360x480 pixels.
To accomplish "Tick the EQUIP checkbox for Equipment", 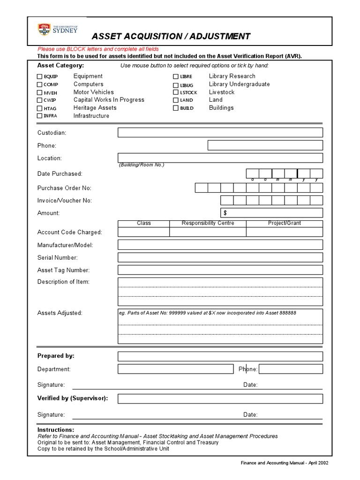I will [40, 76].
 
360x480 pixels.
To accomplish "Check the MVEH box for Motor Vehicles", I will [40, 92].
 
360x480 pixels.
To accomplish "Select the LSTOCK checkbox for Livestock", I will [176, 92].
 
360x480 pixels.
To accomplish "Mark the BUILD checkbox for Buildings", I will [176, 108].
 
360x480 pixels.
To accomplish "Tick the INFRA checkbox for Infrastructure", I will [40, 116].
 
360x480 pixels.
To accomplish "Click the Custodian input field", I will [220, 133].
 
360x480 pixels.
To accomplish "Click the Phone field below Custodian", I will [265, 145].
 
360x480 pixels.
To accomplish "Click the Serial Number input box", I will [220, 257].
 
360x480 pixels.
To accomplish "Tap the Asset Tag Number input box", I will [220, 270].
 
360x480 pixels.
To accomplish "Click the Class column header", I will [143, 223].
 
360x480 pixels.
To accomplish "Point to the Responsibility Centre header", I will [208, 223].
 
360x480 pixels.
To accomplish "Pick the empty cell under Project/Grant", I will [284, 232].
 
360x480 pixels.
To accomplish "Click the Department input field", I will [175, 369].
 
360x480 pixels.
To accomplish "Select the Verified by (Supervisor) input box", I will [220, 398].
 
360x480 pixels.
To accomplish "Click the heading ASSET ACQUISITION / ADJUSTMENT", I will [171, 37].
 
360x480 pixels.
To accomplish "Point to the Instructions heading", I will [55, 429].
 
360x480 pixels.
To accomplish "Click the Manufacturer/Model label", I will [65, 245].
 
